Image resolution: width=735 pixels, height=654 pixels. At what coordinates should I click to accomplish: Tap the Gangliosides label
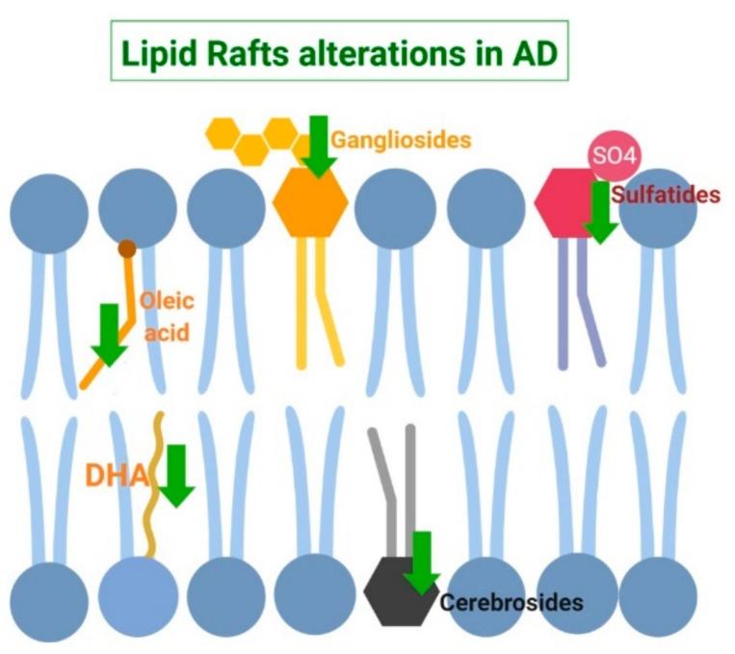pos(402,140)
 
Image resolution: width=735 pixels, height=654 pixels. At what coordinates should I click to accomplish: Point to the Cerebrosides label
pos(512,603)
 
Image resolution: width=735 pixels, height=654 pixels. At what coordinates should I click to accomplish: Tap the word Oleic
pos(167,301)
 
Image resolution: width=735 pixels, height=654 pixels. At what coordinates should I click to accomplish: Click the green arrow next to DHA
pos(176,475)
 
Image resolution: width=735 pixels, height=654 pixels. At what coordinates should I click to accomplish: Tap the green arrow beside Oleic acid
pos(112,333)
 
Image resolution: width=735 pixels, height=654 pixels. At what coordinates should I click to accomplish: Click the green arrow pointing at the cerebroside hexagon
pos(422,563)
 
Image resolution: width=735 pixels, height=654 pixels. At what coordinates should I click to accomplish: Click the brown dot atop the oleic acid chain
pos(127,249)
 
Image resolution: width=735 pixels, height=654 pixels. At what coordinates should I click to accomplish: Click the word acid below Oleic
pos(165,333)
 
